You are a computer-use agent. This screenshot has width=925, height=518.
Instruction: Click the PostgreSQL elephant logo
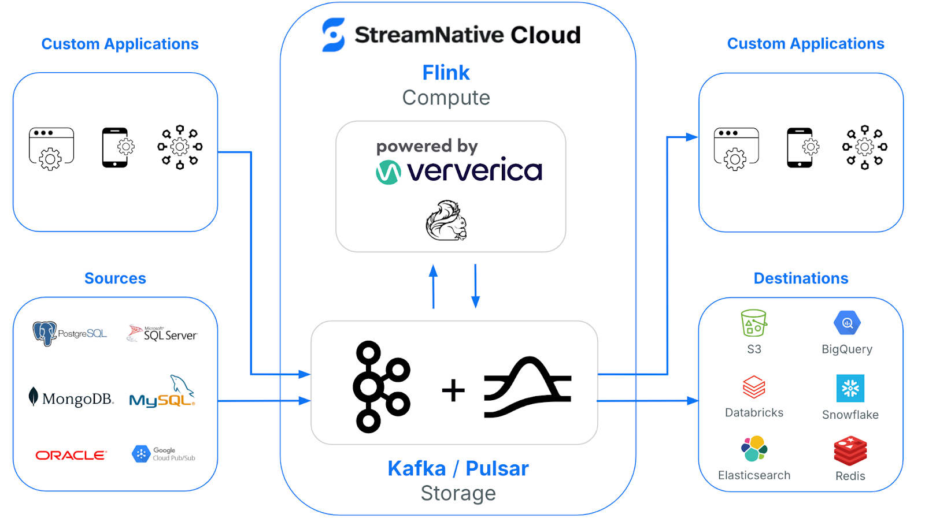(45, 333)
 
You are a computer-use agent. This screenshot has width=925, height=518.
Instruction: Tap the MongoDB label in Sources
(71, 398)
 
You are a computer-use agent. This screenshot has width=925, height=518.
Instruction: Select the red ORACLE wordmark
(71, 456)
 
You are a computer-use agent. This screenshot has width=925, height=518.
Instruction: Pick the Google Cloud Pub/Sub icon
(140, 454)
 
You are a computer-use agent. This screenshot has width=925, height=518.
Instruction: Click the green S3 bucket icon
(753, 323)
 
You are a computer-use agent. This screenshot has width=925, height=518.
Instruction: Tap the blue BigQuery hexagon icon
(847, 323)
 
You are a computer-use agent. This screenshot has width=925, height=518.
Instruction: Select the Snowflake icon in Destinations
(850, 388)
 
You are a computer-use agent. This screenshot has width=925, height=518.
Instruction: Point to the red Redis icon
(850, 450)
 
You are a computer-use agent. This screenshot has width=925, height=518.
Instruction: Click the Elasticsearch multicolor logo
(754, 449)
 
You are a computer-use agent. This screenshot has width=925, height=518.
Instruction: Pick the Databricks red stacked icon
(754, 387)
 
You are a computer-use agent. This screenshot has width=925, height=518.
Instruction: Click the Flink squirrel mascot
(446, 221)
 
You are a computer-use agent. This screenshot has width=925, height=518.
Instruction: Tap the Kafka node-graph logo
(382, 386)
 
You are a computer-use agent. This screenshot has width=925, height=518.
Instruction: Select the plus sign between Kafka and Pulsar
(453, 390)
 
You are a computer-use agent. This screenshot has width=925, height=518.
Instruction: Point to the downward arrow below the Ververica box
(475, 286)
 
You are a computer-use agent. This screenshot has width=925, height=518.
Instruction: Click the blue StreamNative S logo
(334, 35)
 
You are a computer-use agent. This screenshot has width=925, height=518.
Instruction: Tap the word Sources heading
(115, 278)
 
